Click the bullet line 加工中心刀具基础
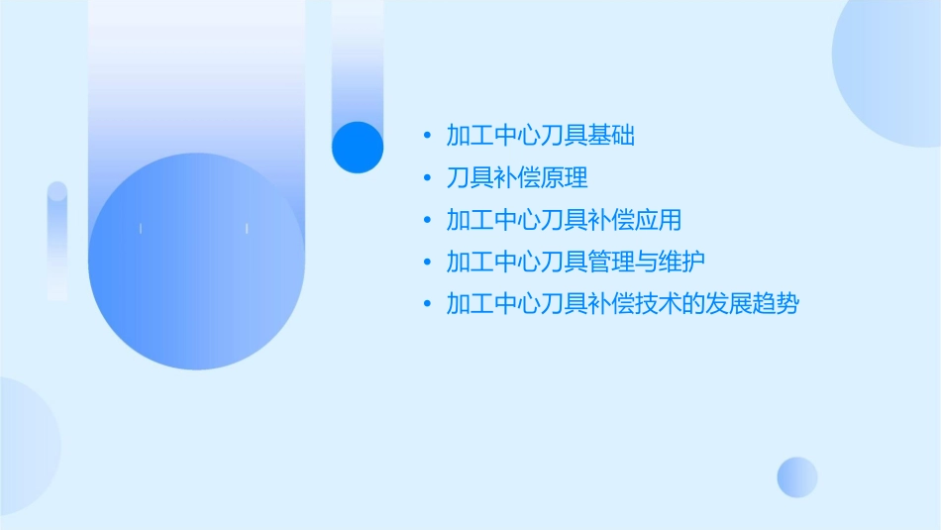pyautogui.click(x=540, y=136)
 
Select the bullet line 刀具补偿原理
pyautogui.click(x=517, y=178)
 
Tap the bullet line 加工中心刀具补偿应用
pyautogui.click(x=564, y=220)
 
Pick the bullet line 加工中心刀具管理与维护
pyautogui.click(x=575, y=262)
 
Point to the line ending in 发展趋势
pyautogui.click(x=622, y=303)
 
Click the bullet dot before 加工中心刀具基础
pyautogui.click(x=427, y=136)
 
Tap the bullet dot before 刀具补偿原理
pyautogui.click(x=427, y=178)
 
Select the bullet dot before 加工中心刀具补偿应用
pyautogui.click(x=427, y=220)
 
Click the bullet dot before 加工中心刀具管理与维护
pyautogui.click(x=427, y=262)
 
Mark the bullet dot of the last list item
pyautogui.click(x=427, y=303)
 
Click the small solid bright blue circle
pyautogui.click(x=358, y=147)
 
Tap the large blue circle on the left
pyautogui.click(x=196, y=261)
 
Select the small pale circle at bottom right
pyautogui.click(x=797, y=477)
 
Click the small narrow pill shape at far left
pyautogui.click(x=57, y=241)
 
